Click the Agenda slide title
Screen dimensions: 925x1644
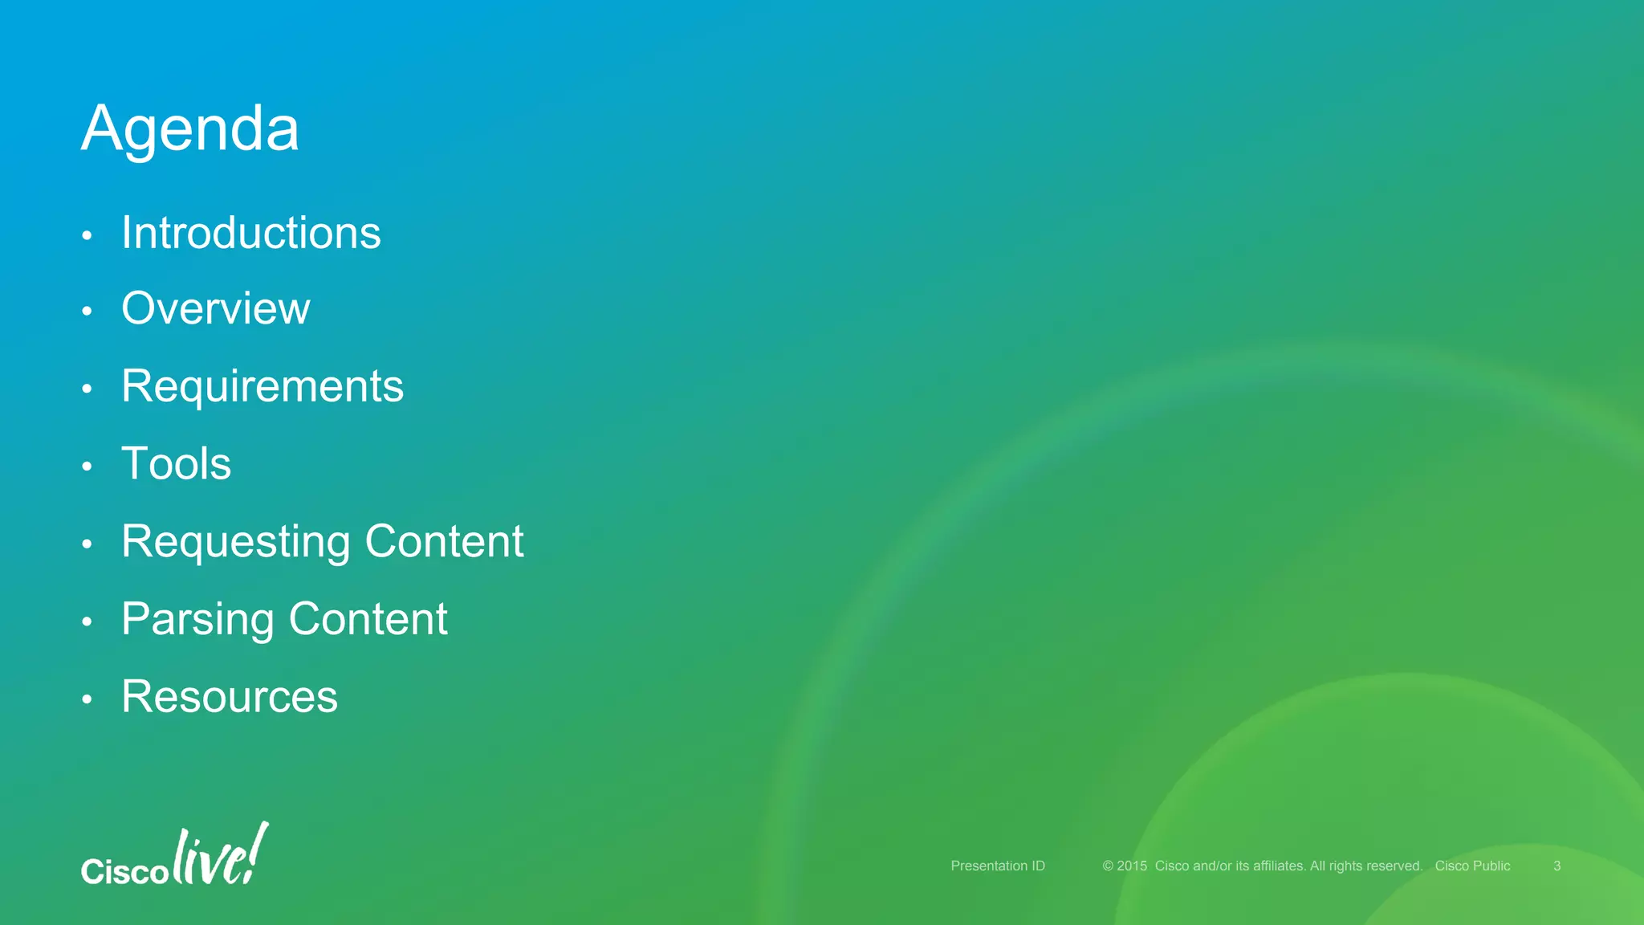click(190, 129)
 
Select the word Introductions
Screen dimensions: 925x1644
click(250, 234)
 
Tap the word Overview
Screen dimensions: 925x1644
click(215, 309)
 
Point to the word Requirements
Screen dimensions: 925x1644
click(262, 387)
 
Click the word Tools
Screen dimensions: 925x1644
click(176, 464)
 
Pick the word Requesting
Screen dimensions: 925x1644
click(236, 542)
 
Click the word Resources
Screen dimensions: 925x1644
click(230, 696)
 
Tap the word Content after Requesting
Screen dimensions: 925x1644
click(444, 541)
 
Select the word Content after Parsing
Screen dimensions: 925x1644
click(368, 619)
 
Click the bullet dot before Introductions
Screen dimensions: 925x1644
click(87, 236)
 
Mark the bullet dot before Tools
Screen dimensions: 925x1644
click(87, 467)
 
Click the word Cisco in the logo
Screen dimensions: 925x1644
click(124, 871)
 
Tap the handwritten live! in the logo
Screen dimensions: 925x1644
click(220, 856)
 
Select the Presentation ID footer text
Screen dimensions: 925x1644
click(998, 866)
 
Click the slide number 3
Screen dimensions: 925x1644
click(1557, 866)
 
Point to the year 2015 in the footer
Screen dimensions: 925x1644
click(1132, 866)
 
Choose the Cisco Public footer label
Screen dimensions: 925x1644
click(1472, 866)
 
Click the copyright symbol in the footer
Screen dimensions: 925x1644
click(1108, 866)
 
